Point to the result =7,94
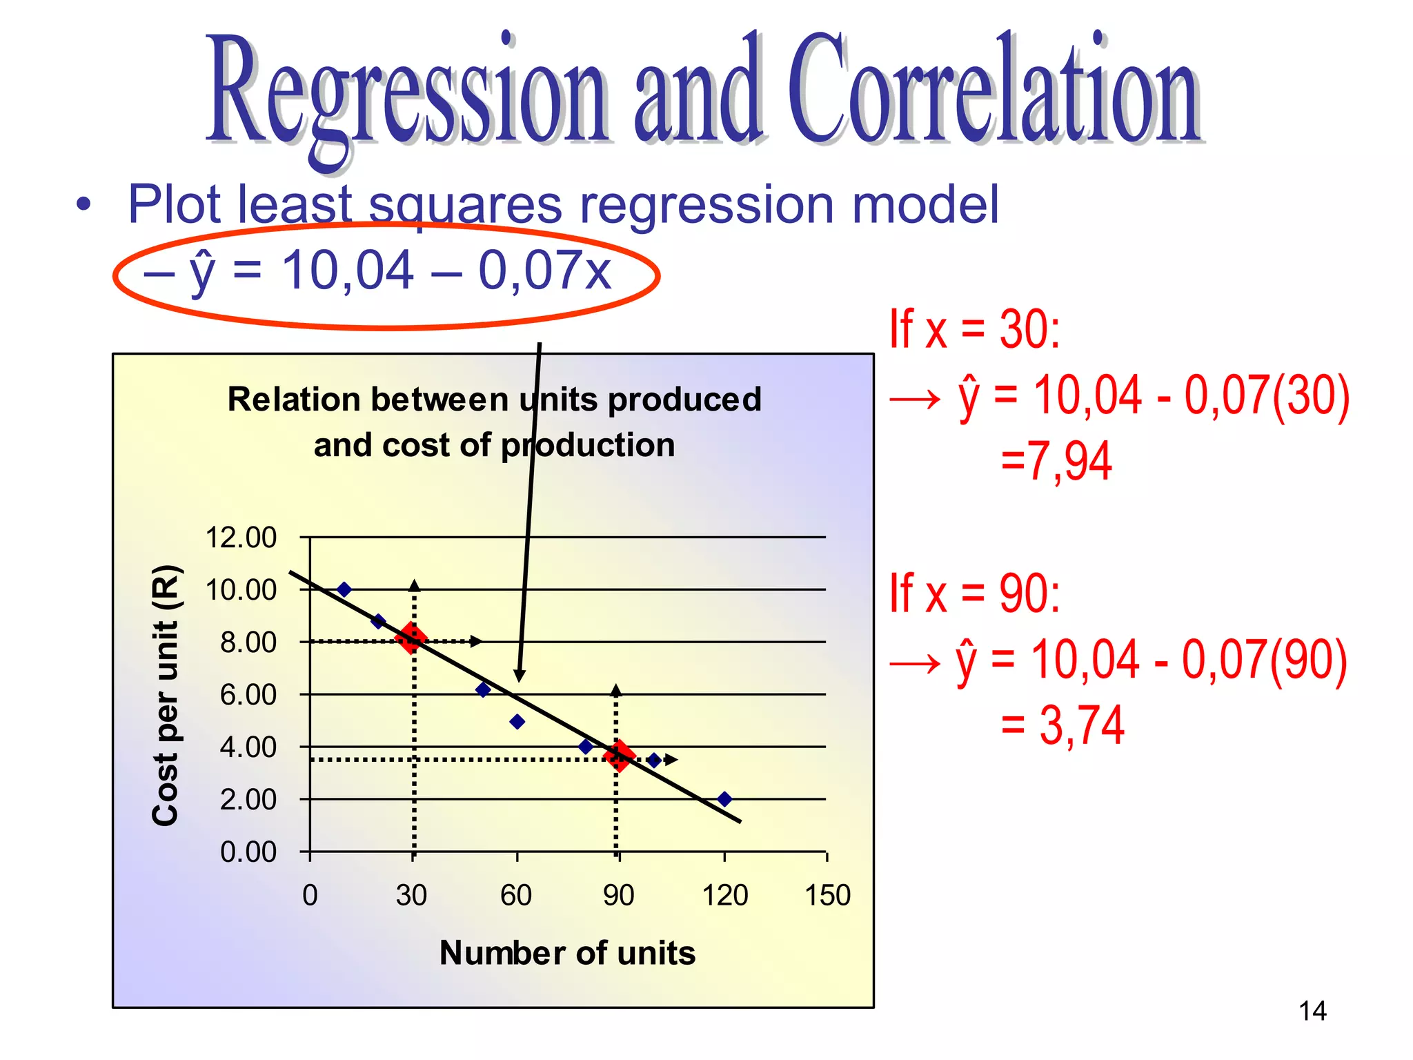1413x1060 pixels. [x=1056, y=461]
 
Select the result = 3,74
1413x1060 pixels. [x=1063, y=726]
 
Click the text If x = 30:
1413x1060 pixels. [x=974, y=330]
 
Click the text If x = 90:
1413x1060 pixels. [x=974, y=593]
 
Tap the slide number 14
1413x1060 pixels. [x=1312, y=1012]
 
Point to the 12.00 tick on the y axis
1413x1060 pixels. [x=241, y=538]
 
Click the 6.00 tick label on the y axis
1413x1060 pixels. [x=248, y=695]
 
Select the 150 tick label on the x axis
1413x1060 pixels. [x=827, y=896]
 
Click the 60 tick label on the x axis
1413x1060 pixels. [x=516, y=896]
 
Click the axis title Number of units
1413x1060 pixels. [x=567, y=954]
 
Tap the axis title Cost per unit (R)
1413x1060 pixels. [x=166, y=695]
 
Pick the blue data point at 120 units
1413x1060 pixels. [x=724, y=799]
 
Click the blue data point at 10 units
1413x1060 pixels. [x=344, y=589]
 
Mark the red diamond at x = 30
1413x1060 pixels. [x=411, y=638]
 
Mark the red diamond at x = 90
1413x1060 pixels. [x=619, y=756]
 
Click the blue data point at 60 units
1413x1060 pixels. [x=517, y=722]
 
